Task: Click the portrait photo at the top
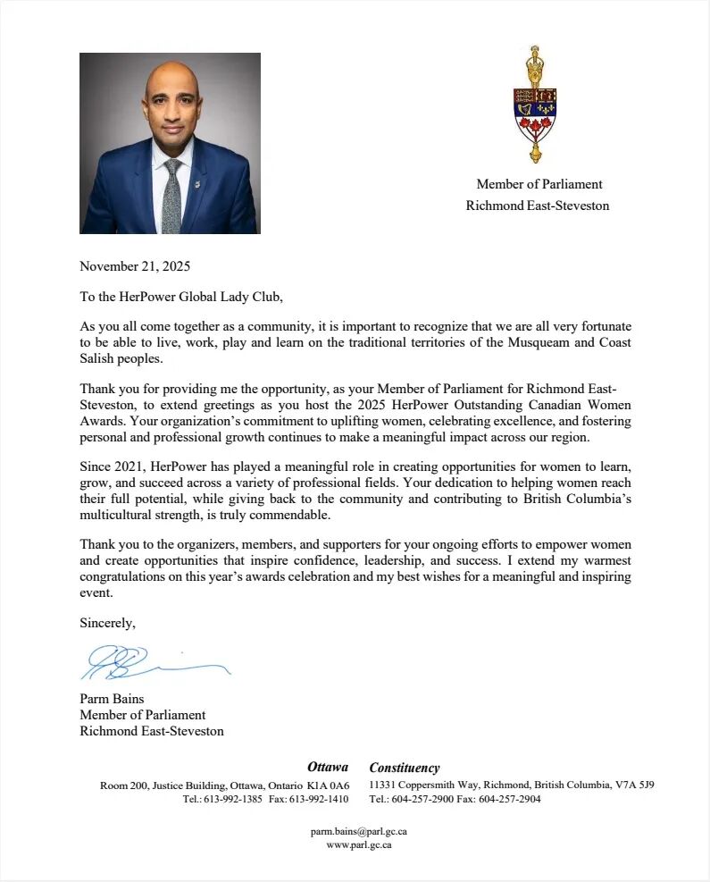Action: pyautogui.click(x=170, y=143)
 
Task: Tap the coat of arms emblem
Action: pyautogui.click(x=535, y=105)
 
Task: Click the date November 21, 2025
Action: pyautogui.click(x=135, y=265)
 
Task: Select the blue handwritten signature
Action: pyautogui.click(x=152, y=662)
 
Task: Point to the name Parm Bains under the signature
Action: pyautogui.click(x=112, y=698)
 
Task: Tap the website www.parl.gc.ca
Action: pyautogui.click(x=359, y=844)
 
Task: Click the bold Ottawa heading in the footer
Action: pyautogui.click(x=328, y=767)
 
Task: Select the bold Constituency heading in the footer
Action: pyautogui.click(x=405, y=768)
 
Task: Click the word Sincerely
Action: pyautogui.click(x=107, y=622)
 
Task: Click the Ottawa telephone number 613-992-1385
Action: pyautogui.click(x=234, y=799)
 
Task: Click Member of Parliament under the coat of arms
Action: pyautogui.click(x=539, y=184)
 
